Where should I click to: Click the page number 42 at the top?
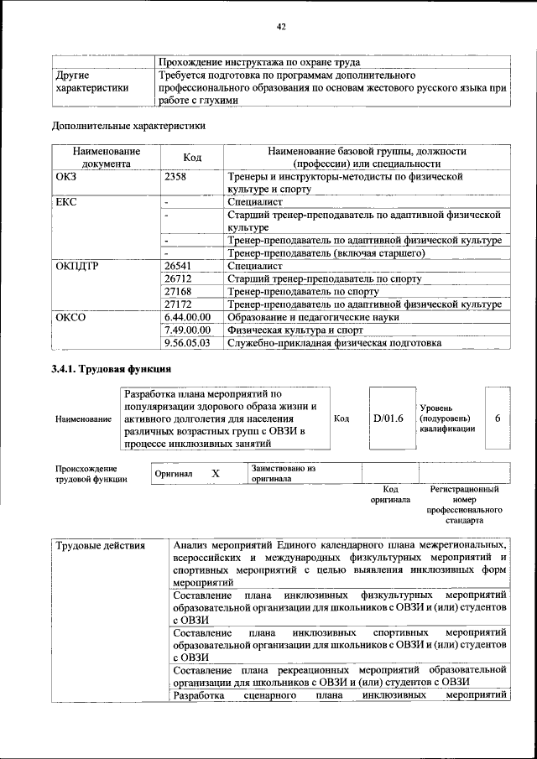pos(282,27)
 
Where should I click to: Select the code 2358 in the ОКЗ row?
pos(176,178)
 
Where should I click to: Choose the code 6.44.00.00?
pos(187,317)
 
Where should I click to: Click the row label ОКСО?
pos(70,317)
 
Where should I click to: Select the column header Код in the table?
pos(192,158)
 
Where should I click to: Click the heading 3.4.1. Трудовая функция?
pos(112,369)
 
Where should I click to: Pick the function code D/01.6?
pos(388,418)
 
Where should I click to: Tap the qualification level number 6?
pos(498,418)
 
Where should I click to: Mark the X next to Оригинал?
pos(215,474)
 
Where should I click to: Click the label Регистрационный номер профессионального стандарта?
pos(464,504)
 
